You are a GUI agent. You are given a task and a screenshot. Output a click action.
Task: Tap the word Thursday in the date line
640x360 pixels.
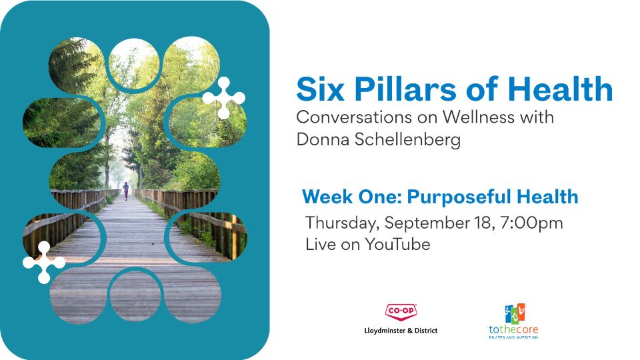(339, 223)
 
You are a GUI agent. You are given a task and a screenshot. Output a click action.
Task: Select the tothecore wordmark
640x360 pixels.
(513, 329)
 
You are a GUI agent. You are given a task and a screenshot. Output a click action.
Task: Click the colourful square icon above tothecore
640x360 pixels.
(513, 313)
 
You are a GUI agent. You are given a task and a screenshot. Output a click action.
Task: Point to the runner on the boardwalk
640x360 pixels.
(125, 191)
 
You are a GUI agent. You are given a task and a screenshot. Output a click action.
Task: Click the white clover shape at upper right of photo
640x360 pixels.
(223, 97)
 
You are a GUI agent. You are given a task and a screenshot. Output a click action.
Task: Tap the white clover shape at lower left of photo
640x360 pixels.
(44, 263)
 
